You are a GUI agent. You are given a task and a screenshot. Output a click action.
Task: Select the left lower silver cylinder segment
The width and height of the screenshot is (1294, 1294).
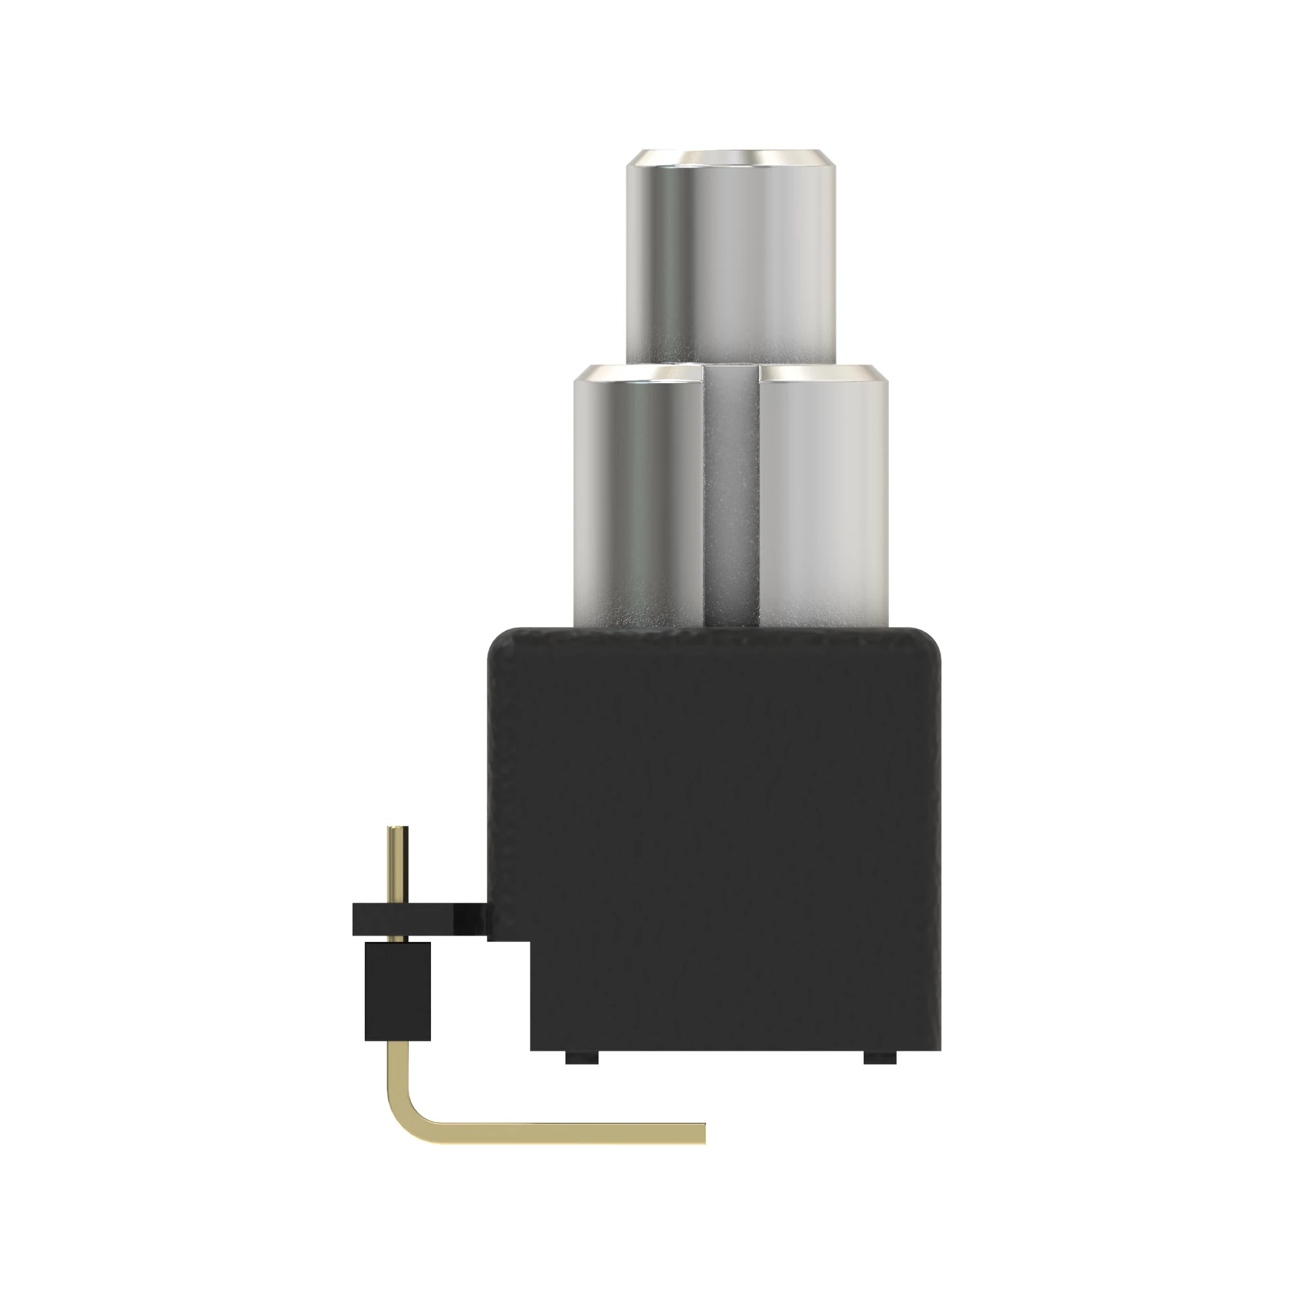pos(636,502)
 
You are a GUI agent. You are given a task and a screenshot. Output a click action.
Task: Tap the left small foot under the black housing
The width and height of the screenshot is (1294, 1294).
pos(582,1058)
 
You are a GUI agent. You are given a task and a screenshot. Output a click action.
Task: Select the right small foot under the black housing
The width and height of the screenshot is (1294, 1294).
pos(879,1058)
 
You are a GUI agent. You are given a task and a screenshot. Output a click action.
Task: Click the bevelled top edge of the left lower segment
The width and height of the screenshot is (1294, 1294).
pos(636,373)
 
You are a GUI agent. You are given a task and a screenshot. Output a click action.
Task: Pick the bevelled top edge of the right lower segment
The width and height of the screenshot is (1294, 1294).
pos(824,373)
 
